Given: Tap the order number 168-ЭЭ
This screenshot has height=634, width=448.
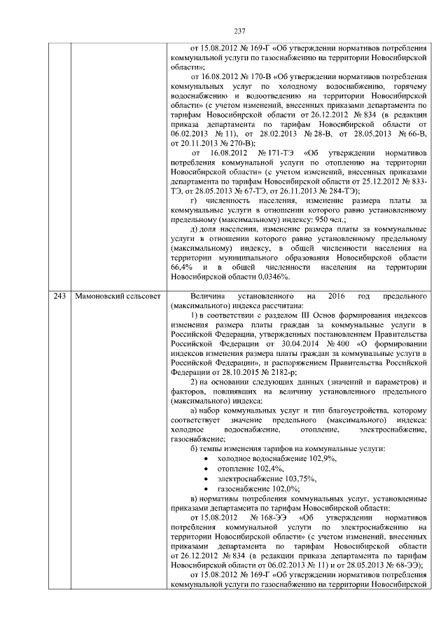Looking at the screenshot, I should click(264, 518).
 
